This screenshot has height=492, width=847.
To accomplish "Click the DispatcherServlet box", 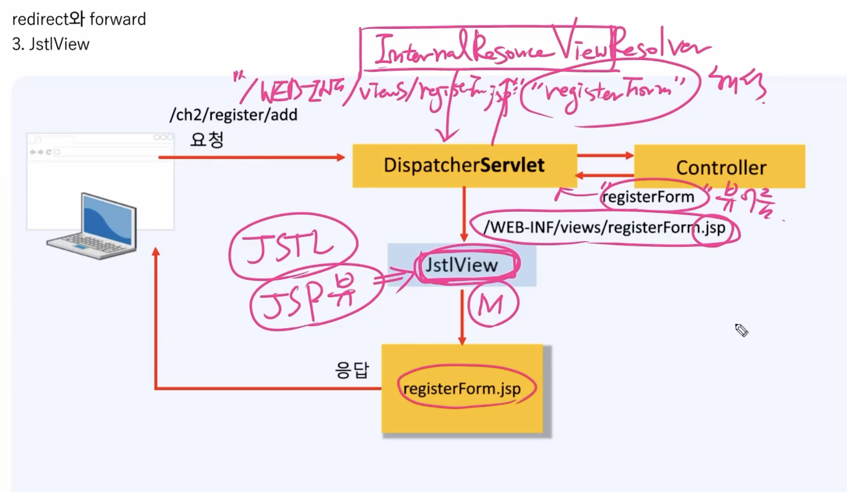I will point(464,166).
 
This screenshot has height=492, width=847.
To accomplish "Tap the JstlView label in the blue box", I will point(462,265).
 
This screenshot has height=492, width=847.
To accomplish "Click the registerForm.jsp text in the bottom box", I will point(462,388).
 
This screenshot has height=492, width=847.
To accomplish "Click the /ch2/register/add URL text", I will point(233,115).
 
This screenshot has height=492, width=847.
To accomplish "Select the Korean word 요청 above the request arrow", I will point(207,140).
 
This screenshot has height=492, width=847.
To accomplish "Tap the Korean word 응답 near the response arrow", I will point(352,370).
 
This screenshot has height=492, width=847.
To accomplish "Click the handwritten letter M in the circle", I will point(490,305).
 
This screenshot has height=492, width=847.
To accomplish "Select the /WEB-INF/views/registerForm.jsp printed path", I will point(604,227).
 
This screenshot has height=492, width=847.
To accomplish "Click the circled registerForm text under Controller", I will point(648,197).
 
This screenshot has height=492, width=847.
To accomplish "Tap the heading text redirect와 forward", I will point(79,19).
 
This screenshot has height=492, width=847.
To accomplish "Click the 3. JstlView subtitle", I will point(51,44).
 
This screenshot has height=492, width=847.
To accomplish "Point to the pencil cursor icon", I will point(742,330).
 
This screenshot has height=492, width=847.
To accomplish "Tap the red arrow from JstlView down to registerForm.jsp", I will point(462,318).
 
